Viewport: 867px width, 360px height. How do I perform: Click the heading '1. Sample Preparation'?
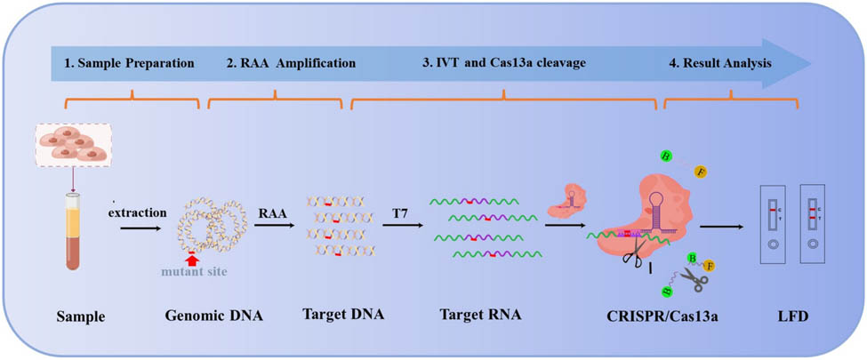pyautogui.click(x=129, y=64)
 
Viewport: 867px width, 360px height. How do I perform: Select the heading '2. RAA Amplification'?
pyautogui.click(x=277, y=64)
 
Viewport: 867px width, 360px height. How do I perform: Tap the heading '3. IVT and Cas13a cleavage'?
pyautogui.click(x=503, y=64)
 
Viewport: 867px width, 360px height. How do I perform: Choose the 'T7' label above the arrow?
pyautogui.click(x=402, y=213)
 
